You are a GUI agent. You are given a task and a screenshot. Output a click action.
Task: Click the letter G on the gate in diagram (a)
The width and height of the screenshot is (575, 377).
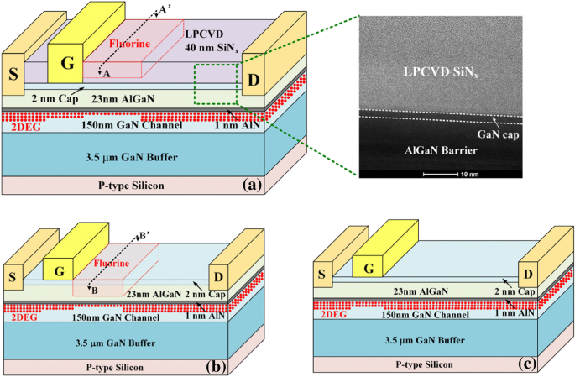(x=67, y=63)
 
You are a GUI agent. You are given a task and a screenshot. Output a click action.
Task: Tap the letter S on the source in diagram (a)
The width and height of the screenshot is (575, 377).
(x=13, y=75)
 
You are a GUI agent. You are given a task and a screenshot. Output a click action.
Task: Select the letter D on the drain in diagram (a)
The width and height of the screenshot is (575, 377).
(x=254, y=80)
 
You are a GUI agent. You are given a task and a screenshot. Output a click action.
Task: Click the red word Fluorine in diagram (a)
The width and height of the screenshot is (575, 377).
(x=130, y=44)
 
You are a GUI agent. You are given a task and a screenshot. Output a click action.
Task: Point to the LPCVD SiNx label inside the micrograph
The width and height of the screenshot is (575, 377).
(x=441, y=72)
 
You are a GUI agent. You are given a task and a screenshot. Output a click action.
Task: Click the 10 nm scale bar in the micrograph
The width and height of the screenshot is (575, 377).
(x=441, y=174)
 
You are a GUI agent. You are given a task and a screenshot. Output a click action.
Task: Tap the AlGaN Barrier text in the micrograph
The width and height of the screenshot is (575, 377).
(x=442, y=150)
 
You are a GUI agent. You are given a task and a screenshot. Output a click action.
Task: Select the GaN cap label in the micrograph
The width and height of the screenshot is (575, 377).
(x=498, y=135)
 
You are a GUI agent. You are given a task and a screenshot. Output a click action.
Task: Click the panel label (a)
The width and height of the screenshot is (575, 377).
(x=252, y=185)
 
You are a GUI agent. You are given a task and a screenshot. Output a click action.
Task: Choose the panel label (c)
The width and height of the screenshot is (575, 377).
(x=527, y=364)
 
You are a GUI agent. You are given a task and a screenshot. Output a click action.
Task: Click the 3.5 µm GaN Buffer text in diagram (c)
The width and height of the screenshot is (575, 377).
(x=425, y=340)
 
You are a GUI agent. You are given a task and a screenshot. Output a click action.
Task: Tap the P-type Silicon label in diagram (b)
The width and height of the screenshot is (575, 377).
(x=115, y=368)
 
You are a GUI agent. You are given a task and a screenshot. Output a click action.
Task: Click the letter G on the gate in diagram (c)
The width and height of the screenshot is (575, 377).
(x=369, y=269)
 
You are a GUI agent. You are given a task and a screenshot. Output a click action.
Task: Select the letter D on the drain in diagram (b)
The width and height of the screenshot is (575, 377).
(x=218, y=277)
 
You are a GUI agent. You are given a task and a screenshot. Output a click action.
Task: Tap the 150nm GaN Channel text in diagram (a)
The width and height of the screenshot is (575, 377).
(x=132, y=125)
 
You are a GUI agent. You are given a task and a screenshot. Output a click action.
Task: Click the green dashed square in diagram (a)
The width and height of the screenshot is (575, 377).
(x=195, y=84)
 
